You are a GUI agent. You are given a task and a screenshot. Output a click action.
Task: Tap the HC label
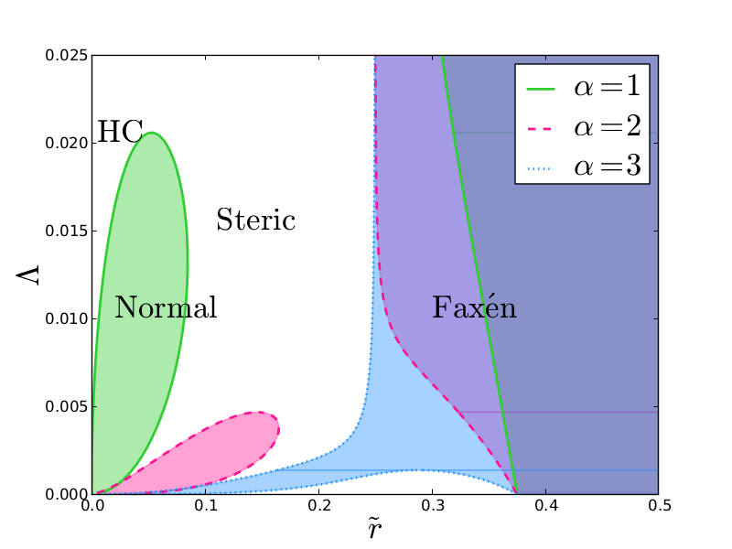[120, 133]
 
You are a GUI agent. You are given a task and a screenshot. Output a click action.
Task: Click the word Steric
[255, 221]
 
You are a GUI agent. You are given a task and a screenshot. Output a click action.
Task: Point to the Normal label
[166, 308]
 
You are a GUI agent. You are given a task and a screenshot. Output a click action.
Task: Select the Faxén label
[474, 307]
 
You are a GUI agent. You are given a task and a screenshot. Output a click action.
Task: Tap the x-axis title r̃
[375, 529]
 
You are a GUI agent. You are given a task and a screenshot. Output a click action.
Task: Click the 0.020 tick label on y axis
[67, 143]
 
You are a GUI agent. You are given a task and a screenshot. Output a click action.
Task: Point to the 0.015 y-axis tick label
[67, 231]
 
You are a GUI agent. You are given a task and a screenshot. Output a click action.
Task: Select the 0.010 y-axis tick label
[67, 318]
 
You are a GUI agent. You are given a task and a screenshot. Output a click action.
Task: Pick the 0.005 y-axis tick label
[67, 406]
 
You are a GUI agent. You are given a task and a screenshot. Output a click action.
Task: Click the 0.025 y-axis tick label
[67, 55]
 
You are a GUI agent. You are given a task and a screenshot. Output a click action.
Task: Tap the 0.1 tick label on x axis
[206, 505]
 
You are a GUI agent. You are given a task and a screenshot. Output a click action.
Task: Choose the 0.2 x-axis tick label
[319, 505]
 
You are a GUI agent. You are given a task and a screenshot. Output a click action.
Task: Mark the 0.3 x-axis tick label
[432, 505]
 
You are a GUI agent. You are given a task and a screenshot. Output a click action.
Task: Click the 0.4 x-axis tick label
[545, 505]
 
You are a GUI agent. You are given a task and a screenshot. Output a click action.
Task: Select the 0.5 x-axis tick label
[659, 505]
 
